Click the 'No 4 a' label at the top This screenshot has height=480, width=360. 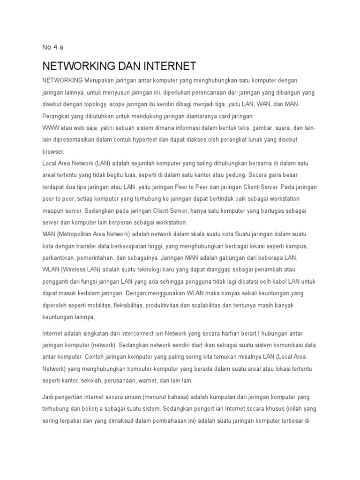pos(52,47)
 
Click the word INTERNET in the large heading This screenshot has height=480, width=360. pos(163,65)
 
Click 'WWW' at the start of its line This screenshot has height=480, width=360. pos(50,127)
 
